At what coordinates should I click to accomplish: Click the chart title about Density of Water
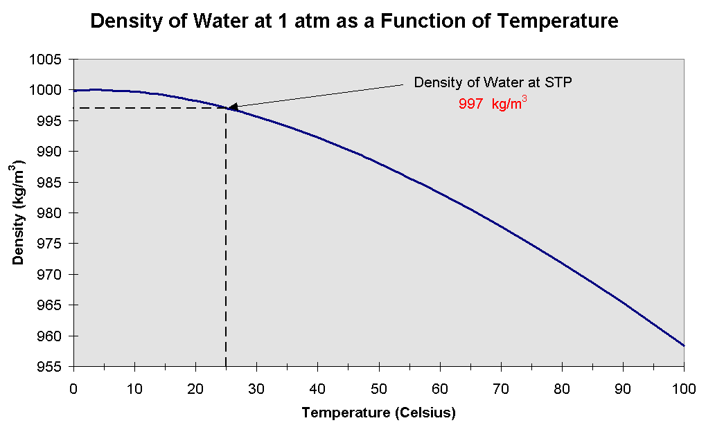point(354,21)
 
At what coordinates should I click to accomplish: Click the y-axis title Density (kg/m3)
point(19,214)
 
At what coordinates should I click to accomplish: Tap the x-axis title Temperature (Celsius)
point(378,414)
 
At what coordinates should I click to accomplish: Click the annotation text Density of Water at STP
point(493,82)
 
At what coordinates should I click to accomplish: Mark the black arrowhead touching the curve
point(233,107)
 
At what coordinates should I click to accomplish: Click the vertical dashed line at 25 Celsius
point(226,242)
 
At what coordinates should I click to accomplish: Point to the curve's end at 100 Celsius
point(684,345)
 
